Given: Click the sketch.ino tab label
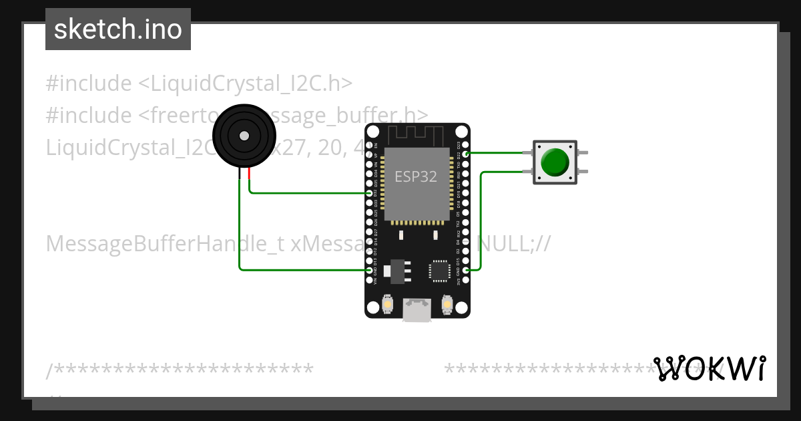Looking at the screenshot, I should coord(117,29).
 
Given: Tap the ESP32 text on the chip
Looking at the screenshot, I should coord(416,176).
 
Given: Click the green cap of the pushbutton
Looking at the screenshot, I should coord(555,162).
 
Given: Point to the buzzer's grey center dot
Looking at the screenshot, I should coord(244,136).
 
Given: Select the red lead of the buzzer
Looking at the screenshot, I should coord(249,174).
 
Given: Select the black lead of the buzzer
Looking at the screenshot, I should coord(240,174).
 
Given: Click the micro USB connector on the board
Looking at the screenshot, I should coord(417,310).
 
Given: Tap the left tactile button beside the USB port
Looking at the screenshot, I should coord(388,305).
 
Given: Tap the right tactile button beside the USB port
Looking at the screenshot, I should coord(447,305).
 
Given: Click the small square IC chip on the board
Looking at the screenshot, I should coord(439,270).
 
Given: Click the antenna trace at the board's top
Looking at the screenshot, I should coord(417,134).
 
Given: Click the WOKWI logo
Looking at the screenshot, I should coord(709,368).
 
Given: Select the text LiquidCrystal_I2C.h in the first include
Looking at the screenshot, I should coord(245,84).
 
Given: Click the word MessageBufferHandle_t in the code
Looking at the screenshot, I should coord(166,244).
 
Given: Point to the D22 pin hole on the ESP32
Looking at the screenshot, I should coord(466,154).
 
